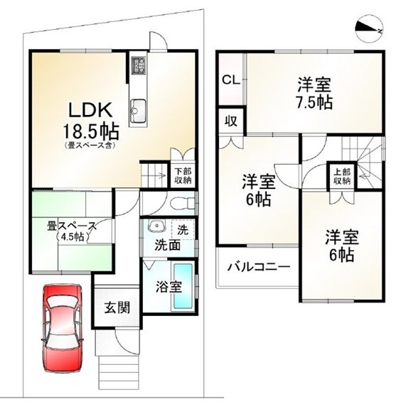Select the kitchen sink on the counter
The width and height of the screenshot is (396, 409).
coord(137,111)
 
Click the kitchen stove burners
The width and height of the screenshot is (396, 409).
coord(138,67)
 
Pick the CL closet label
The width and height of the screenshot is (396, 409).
coord(231,79)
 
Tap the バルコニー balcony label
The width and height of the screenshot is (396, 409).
coord(258,268)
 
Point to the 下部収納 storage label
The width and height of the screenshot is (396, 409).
coord(183,175)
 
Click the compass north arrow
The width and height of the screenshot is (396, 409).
coord(371,28)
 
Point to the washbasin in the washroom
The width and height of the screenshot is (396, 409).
coord(156,229)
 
